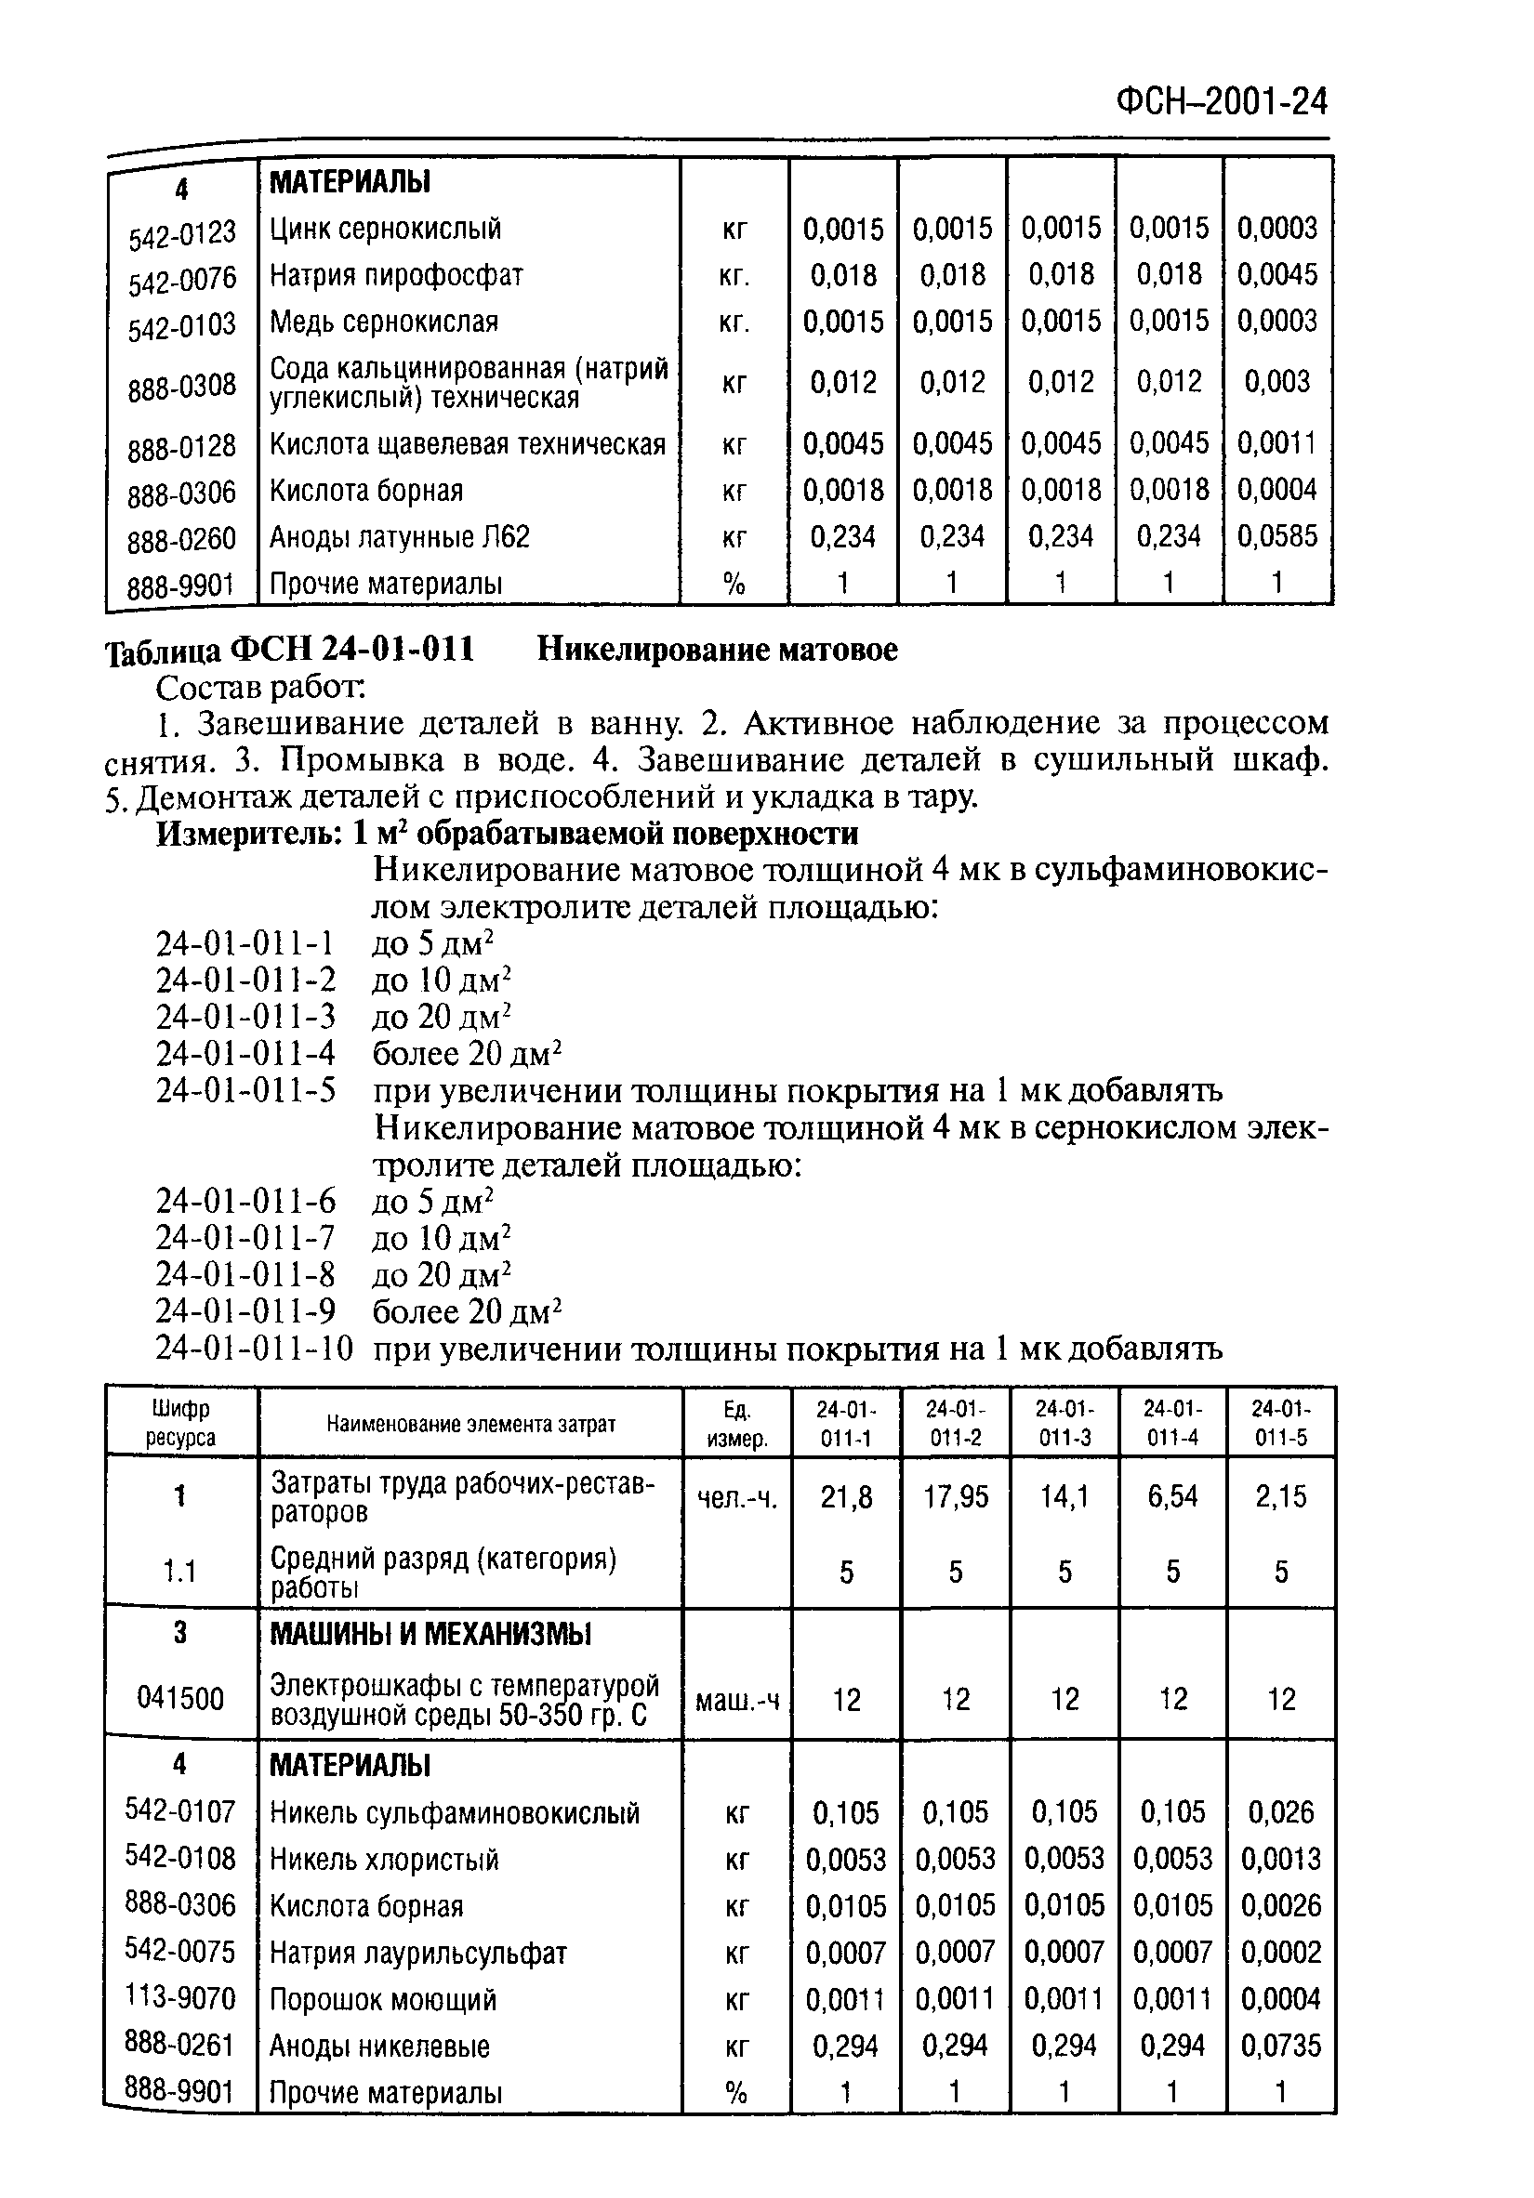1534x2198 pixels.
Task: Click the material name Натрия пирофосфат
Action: tap(395, 276)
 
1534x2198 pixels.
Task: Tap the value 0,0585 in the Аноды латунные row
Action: tap(1277, 536)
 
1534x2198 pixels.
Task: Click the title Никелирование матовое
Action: tap(716, 650)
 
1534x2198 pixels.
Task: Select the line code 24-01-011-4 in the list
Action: tap(246, 1054)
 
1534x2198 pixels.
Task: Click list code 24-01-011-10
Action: tap(254, 1349)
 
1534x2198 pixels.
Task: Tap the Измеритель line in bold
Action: tap(507, 834)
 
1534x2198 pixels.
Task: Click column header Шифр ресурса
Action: tap(181, 1423)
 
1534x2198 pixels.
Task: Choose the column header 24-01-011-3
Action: tap(1064, 1423)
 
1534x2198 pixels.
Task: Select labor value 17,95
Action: tap(955, 1497)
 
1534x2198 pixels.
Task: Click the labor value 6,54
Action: tap(1172, 1497)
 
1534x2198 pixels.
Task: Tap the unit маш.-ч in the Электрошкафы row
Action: tap(736, 1700)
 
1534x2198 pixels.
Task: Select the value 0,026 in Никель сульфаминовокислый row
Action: tap(1280, 1812)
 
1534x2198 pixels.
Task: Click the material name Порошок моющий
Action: tap(383, 2000)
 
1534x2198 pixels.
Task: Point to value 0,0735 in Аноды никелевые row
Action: tap(1280, 2047)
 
